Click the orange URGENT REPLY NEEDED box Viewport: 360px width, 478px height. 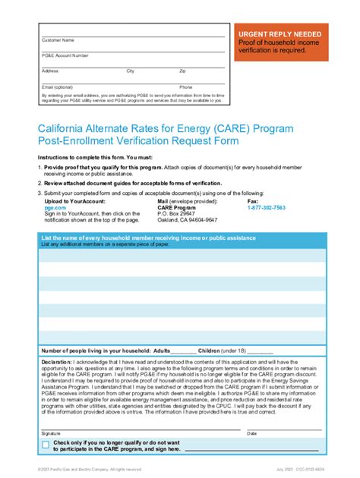279,44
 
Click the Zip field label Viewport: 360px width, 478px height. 182,71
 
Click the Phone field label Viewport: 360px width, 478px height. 186,86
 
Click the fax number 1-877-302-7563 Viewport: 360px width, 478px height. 267,206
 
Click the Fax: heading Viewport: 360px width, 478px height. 254,200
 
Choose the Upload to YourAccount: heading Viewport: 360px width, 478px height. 73,200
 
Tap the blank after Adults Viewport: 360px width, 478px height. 183,351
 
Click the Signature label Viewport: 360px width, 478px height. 50,433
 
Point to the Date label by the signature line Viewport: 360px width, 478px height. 252,433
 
